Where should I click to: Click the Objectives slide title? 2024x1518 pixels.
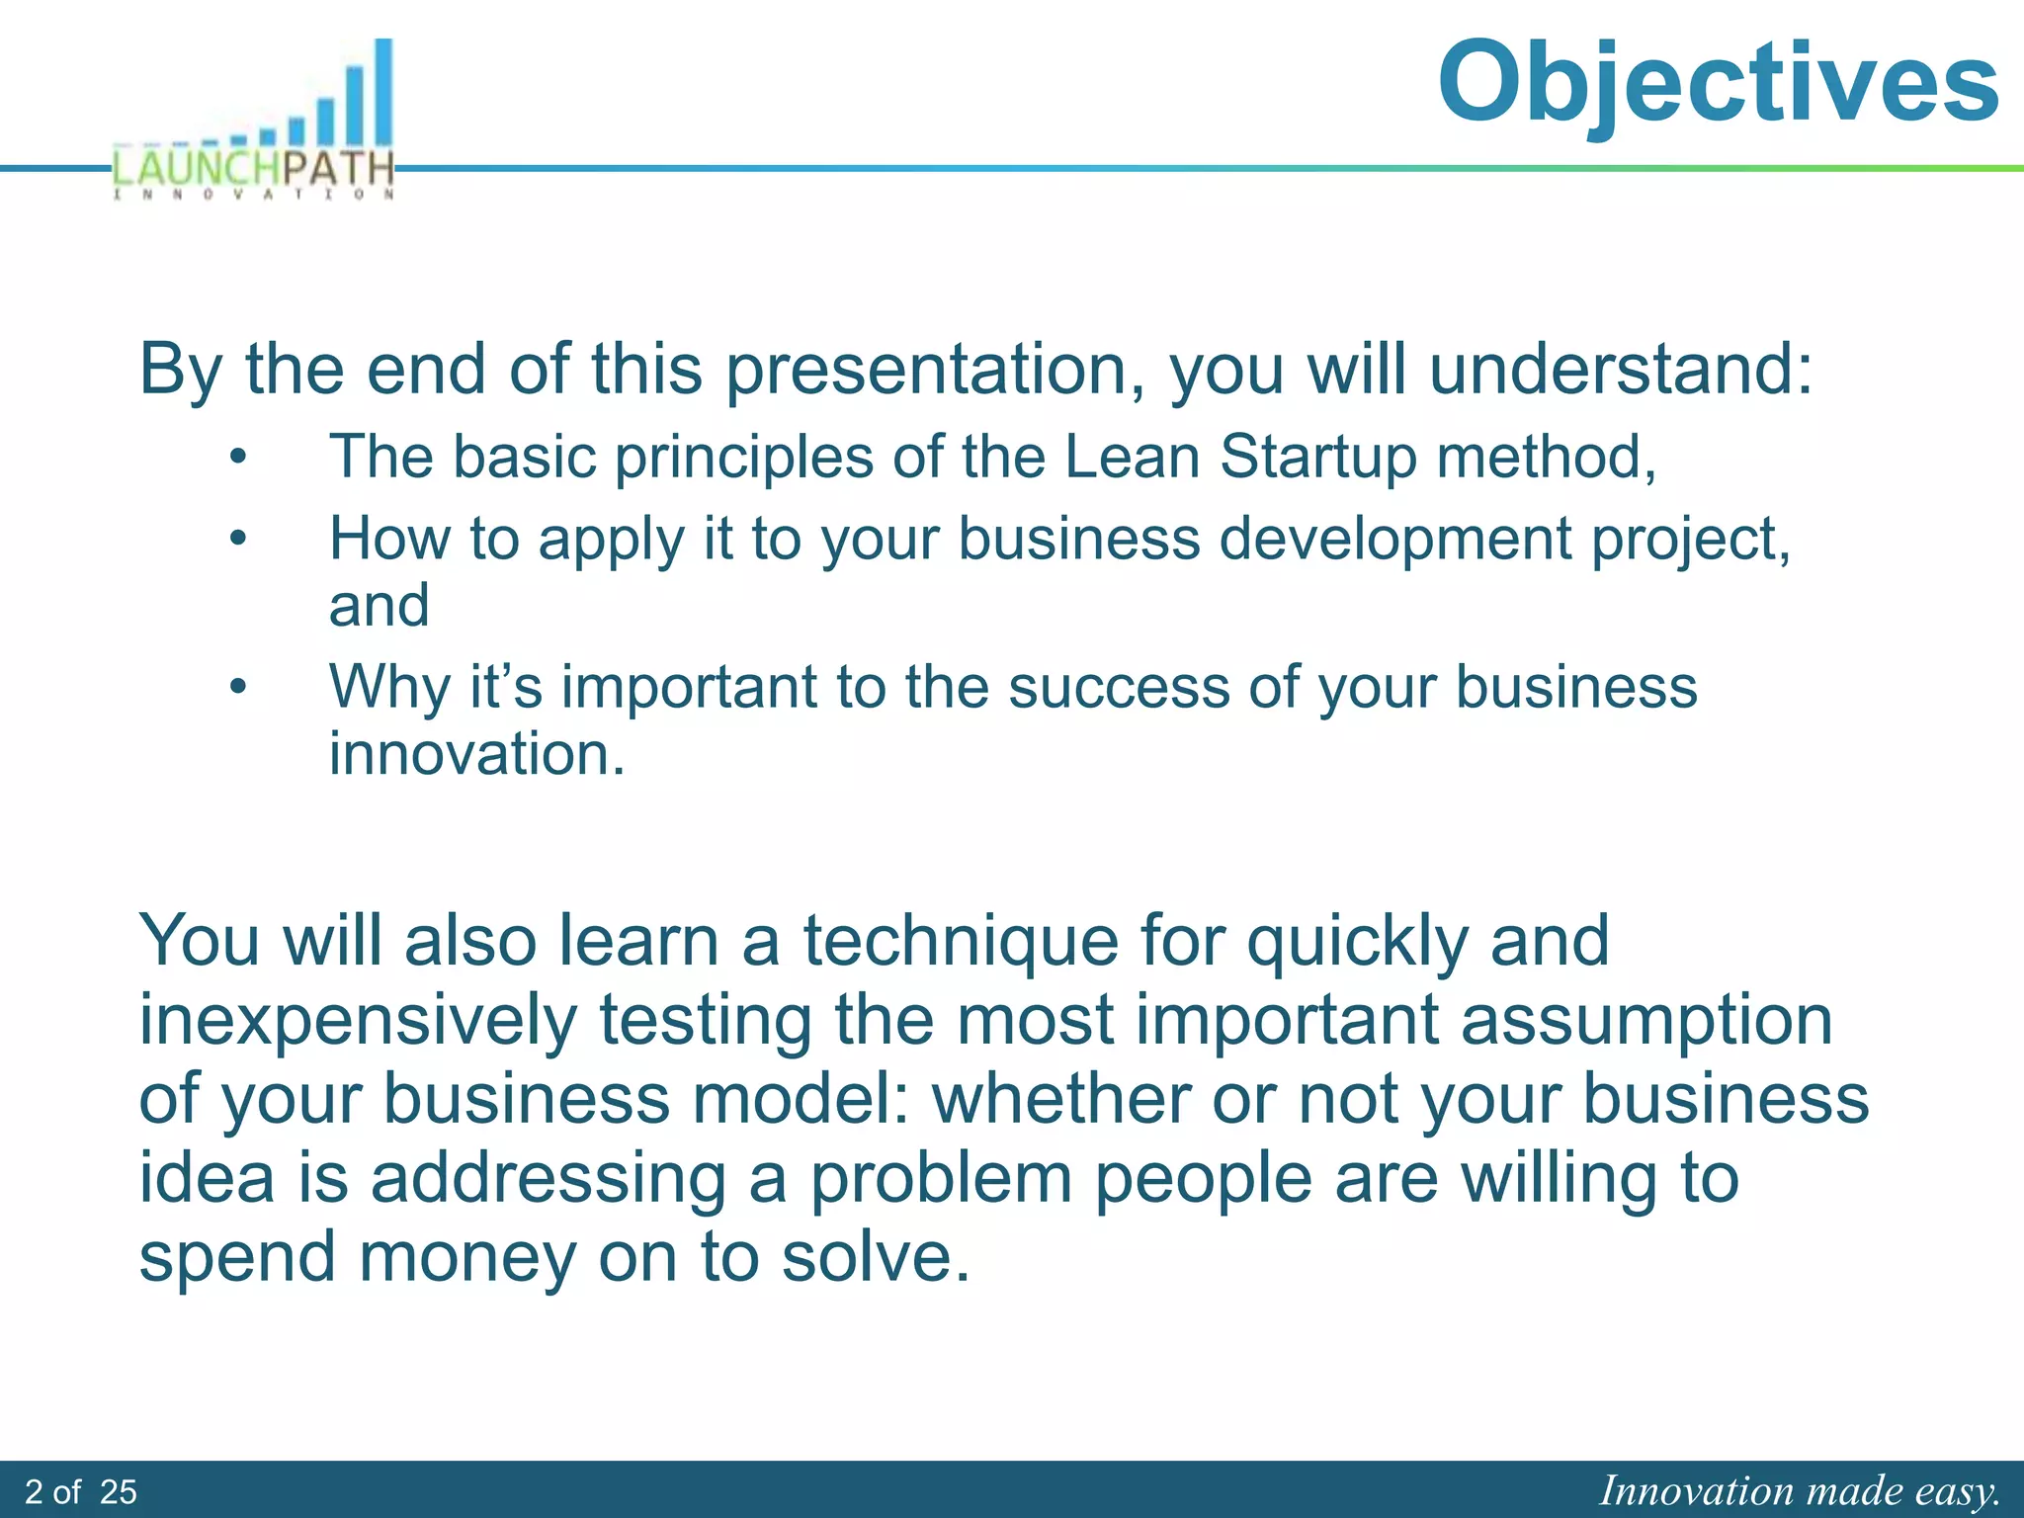[1718, 83]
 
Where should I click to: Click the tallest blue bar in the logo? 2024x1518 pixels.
[382, 94]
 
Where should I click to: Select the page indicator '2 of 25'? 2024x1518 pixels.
[81, 1491]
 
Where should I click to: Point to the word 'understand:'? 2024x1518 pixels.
[1621, 369]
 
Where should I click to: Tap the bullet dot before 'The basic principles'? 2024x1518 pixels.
[237, 458]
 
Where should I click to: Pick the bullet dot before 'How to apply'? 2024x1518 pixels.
[237, 540]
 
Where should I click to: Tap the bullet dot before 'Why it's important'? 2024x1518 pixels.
[237, 687]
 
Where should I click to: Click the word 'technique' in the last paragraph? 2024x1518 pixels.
[959, 941]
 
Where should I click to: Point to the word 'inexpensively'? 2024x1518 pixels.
[358, 1021]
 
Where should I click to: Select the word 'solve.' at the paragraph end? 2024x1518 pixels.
[876, 1257]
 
